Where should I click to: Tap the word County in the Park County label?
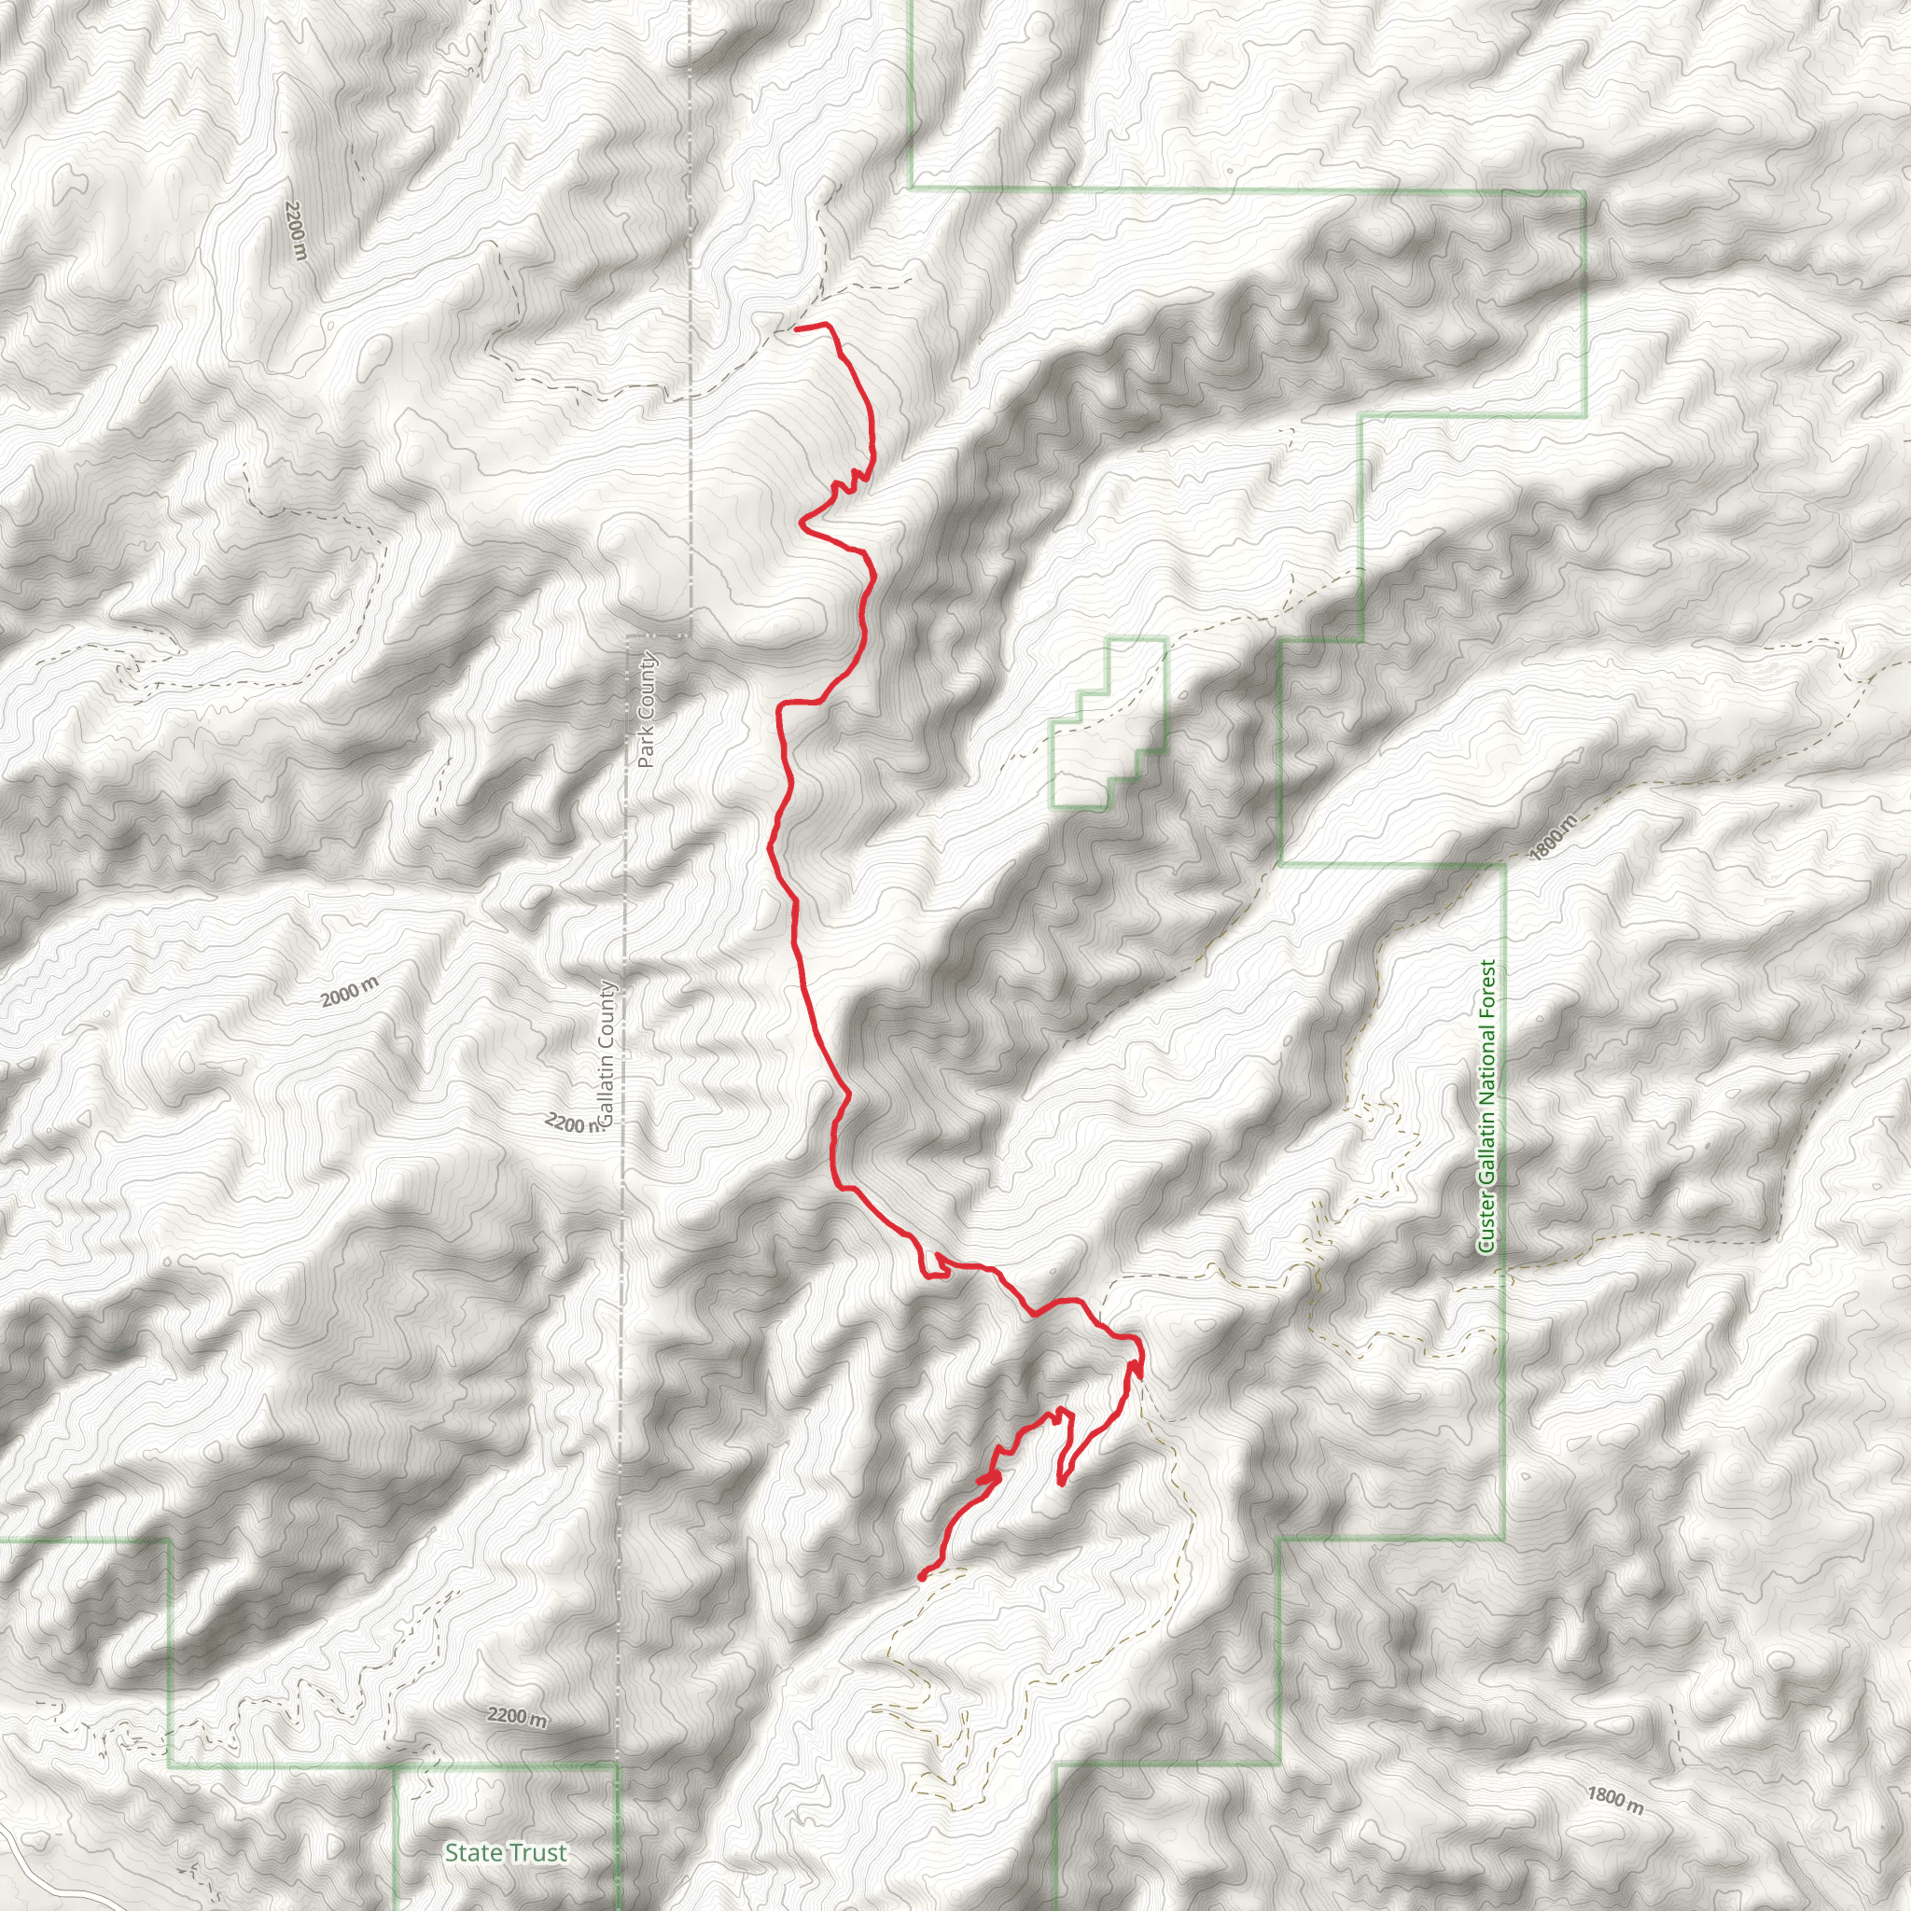[647, 683]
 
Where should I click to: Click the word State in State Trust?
[471, 1852]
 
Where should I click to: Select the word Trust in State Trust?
[538, 1852]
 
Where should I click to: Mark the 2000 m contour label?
[349, 992]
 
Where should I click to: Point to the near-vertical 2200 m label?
[296, 230]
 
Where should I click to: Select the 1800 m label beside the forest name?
[1551, 839]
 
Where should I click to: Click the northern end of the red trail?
[797, 328]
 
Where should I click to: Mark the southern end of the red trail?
[921, 1579]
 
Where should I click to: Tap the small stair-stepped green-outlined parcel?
[1108, 722]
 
